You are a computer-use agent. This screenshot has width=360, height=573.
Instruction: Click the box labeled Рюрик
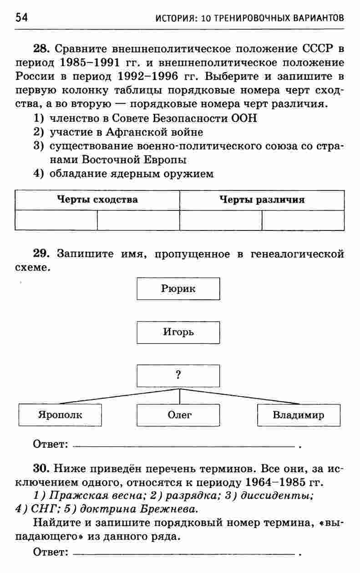178,289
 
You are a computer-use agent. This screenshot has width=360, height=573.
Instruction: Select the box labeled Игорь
178,333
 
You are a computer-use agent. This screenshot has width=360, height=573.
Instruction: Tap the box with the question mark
178,376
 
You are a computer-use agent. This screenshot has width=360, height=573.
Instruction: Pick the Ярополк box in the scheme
60,415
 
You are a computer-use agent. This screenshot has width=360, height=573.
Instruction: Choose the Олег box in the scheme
178,415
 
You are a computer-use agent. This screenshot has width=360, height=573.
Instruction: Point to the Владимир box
299,415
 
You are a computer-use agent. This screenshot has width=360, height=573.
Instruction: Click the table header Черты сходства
97,200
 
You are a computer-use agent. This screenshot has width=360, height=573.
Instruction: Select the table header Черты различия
262,200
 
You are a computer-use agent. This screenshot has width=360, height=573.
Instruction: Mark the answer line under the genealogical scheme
184,445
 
